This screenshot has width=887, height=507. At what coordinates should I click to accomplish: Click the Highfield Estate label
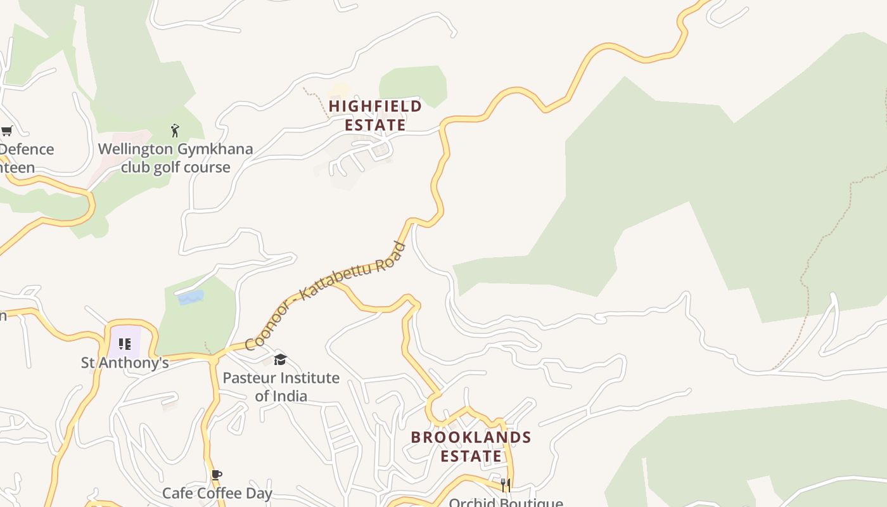pos(375,115)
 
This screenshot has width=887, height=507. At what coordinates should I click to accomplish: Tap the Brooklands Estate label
pos(471,446)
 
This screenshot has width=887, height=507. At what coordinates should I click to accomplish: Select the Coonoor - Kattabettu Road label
pos(325,295)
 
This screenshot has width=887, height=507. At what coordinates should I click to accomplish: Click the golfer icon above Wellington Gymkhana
pos(175,131)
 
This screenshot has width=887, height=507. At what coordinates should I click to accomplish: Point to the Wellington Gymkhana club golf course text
pos(175,158)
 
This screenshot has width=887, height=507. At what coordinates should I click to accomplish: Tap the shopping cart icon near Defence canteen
pos(7,131)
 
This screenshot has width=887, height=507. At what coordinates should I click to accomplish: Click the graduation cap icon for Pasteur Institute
pos(280,360)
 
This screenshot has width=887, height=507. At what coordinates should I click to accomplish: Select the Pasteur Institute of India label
pos(281,387)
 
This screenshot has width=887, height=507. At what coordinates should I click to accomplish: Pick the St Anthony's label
pos(125,363)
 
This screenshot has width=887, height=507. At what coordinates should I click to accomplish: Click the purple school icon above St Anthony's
pos(125,344)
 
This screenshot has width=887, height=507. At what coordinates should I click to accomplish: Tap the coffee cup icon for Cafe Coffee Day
pos(217,475)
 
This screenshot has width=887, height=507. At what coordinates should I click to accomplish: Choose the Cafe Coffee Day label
pos(217,493)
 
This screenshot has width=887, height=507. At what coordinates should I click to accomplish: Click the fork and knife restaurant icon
pos(506,485)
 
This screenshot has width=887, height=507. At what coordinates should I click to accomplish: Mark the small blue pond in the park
pos(191,297)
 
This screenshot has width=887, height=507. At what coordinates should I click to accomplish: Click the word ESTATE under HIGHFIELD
pos(375,125)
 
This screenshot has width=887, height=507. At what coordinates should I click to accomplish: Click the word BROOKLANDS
pos(471,437)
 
